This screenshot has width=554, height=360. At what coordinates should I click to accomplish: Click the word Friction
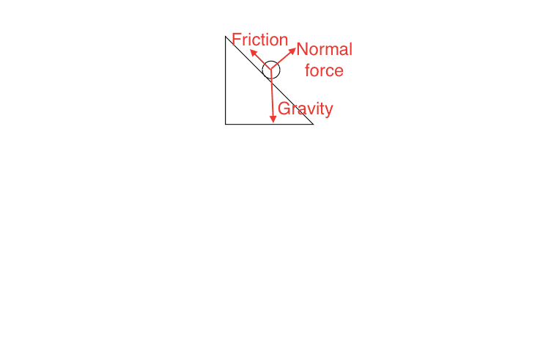260,40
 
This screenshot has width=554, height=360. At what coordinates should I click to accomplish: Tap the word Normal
325,49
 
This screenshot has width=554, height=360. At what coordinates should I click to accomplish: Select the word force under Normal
324,70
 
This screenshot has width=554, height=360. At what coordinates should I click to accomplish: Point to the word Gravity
306,109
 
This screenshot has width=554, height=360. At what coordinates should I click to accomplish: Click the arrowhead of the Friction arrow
253,53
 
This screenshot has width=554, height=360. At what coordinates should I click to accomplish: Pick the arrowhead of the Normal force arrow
293,51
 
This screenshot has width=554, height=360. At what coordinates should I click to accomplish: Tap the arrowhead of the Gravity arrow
273,120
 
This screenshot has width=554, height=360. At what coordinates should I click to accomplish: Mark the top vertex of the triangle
226,36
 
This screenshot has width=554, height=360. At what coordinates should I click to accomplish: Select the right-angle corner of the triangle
226,124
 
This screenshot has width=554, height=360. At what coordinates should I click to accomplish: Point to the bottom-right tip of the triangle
313,124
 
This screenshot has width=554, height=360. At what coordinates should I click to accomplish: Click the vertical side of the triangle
226,80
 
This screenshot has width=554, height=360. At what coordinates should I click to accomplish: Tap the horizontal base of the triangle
269,124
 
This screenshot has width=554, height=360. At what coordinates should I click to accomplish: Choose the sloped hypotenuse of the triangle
269,80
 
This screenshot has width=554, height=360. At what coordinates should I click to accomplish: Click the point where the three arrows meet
271,69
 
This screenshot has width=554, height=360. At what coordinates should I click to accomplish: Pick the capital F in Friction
236,40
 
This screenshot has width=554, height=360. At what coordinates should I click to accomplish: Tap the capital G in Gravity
284,109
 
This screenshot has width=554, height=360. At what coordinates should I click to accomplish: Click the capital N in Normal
302,49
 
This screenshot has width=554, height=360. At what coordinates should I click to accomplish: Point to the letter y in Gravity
329,111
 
